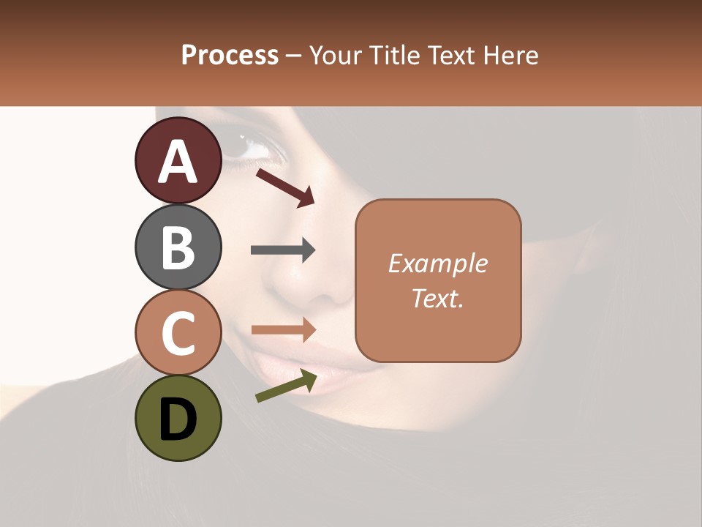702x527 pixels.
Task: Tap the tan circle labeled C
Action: [178, 332]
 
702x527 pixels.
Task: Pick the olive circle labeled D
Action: [178, 418]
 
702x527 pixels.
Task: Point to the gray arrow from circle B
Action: [283, 250]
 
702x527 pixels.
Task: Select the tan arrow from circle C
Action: [283, 329]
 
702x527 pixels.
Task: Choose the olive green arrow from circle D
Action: [286, 386]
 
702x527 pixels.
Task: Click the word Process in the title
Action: [230, 56]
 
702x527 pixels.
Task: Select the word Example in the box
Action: [437, 264]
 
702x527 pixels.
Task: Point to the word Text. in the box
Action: [437, 298]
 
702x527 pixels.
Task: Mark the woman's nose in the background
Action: [322, 285]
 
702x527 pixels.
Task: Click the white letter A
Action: [178, 161]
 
